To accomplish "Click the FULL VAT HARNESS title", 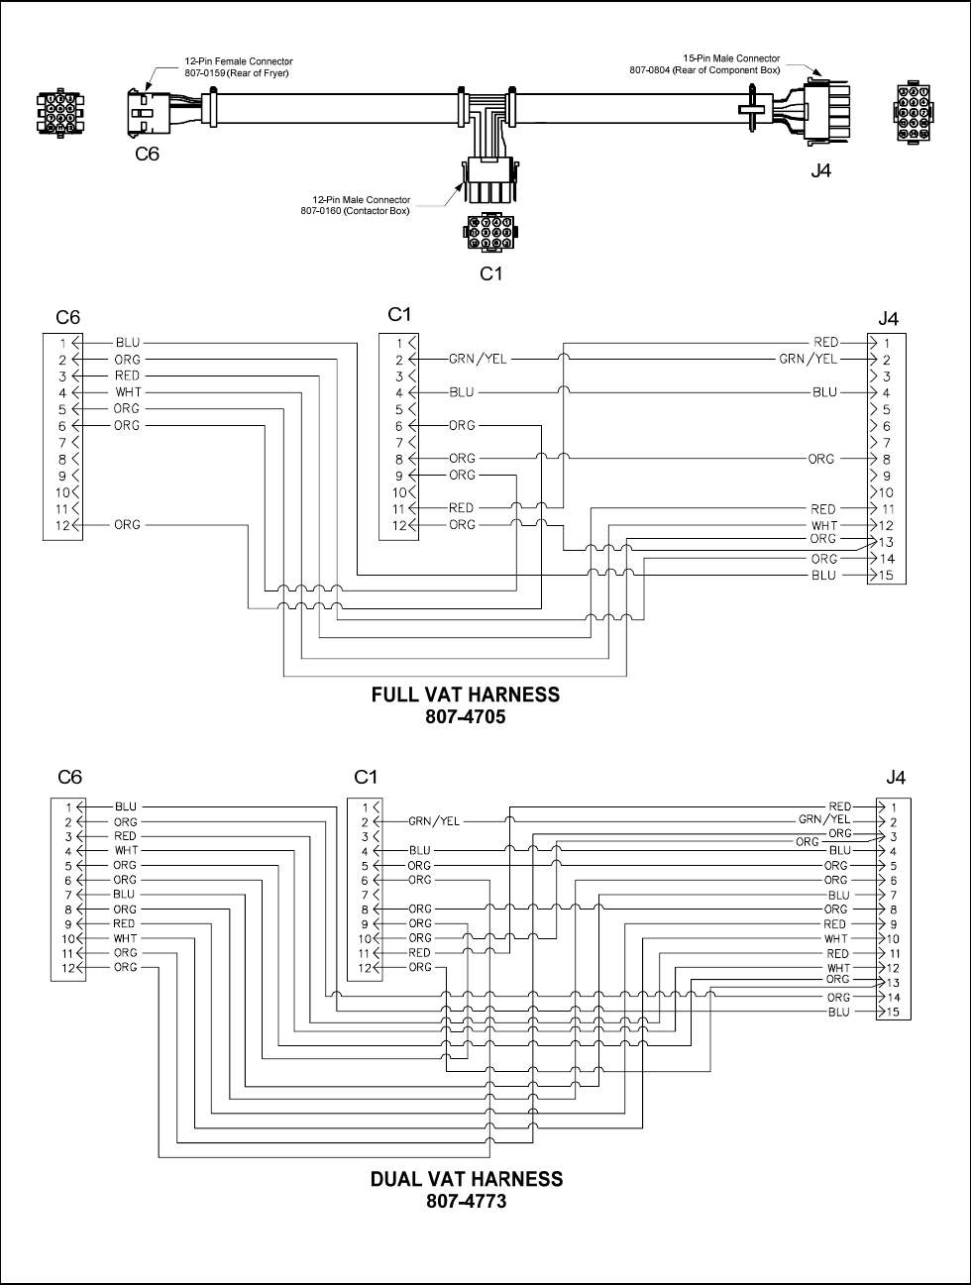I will click(465, 695).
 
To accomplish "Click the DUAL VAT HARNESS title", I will click(466, 1179).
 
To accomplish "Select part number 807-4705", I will click(466, 716).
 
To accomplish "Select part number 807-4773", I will click(466, 1201).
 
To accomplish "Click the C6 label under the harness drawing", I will click(146, 154).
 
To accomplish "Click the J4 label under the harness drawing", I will click(820, 170).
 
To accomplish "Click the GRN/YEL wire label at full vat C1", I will click(478, 360).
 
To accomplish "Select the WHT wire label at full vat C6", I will click(127, 392).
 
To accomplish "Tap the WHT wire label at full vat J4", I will click(823, 525).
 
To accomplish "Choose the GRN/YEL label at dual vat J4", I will click(824, 819).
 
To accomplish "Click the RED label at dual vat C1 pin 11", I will click(420, 952).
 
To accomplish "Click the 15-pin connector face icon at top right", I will click(913, 109).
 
